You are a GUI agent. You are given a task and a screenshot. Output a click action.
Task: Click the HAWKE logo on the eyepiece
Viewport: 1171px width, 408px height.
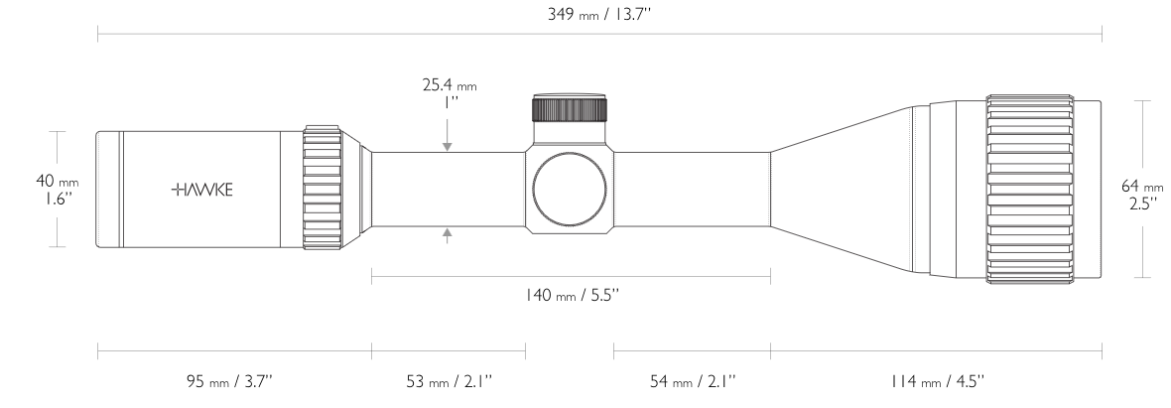point(201,190)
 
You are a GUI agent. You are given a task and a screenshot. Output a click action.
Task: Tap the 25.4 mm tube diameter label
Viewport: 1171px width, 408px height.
point(449,85)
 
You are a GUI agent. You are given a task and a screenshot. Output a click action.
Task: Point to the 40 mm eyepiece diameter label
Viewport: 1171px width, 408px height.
point(57,181)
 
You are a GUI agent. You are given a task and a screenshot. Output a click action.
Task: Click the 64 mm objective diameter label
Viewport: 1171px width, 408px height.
point(1142,186)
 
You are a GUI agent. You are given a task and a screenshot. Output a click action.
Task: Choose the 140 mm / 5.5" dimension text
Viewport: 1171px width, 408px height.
point(572,295)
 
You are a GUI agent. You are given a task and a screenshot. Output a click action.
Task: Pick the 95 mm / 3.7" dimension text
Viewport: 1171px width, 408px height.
point(229,381)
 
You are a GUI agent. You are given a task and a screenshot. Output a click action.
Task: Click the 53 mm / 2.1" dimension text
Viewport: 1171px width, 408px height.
point(449,381)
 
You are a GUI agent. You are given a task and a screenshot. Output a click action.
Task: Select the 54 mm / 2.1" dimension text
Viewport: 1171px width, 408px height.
point(693,381)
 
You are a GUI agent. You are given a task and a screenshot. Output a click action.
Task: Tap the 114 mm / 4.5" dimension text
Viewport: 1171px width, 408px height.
point(937,381)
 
